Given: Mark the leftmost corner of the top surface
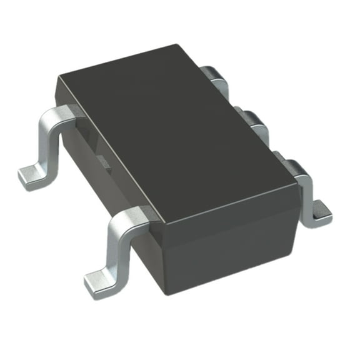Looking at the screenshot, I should [57, 75].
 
